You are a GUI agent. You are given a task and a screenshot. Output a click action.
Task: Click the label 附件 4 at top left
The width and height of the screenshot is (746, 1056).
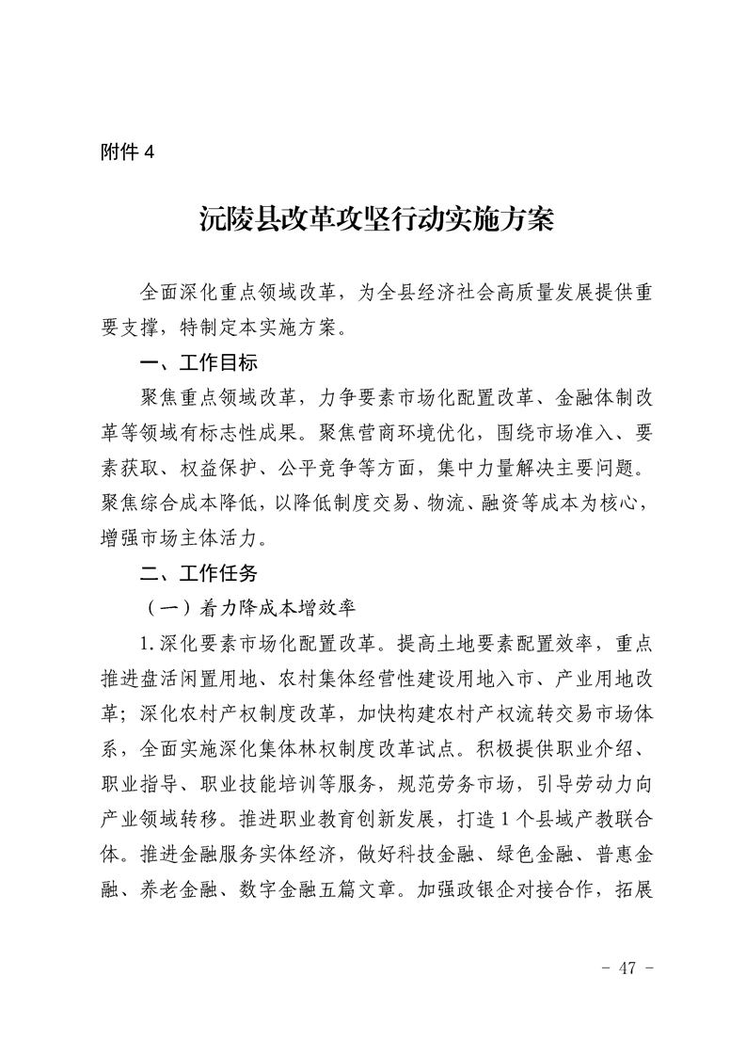tap(126, 154)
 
